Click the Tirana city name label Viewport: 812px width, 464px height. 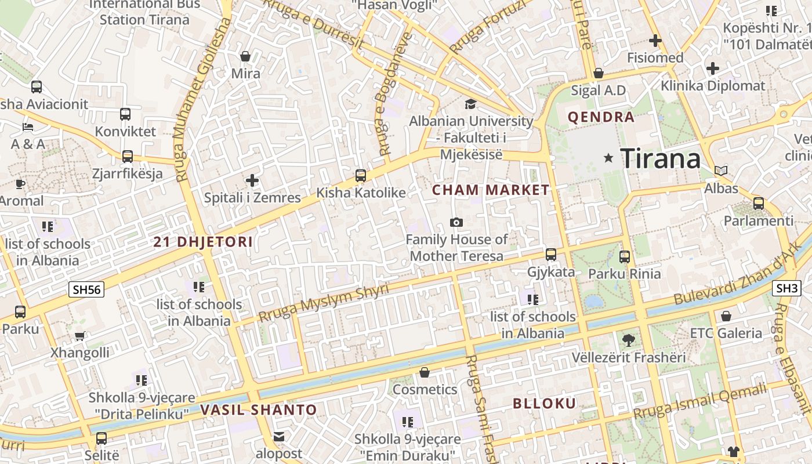tap(660, 158)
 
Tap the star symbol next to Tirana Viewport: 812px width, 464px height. tap(608, 158)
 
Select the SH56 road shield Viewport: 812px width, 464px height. tap(86, 289)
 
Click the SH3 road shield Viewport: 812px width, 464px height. tap(787, 288)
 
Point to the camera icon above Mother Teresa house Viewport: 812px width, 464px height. tap(456, 223)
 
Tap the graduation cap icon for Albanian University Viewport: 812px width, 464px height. tap(470, 104)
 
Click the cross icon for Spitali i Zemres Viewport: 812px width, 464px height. tap(252, 180)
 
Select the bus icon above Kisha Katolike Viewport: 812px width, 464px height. tap(361, 175)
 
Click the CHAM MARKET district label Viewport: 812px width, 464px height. tap(491, 190)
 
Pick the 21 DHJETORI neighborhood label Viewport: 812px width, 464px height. tap(203, 242)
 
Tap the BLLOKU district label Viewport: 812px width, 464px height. tap(544, 404)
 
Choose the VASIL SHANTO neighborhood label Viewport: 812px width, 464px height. tap(259, 410)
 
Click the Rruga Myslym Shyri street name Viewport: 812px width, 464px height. tap(323, 303)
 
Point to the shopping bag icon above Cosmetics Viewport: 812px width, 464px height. tap(425, 372)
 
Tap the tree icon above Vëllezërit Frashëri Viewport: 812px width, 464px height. tap(628, 340)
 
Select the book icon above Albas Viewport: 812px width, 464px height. tap(721, 171)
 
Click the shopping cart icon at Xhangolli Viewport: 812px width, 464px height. tap(80, 336)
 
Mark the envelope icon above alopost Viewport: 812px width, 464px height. tap(279, 436)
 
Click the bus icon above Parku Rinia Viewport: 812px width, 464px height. tap(625, 256)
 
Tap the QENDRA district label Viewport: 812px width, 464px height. tap(601, 117)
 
